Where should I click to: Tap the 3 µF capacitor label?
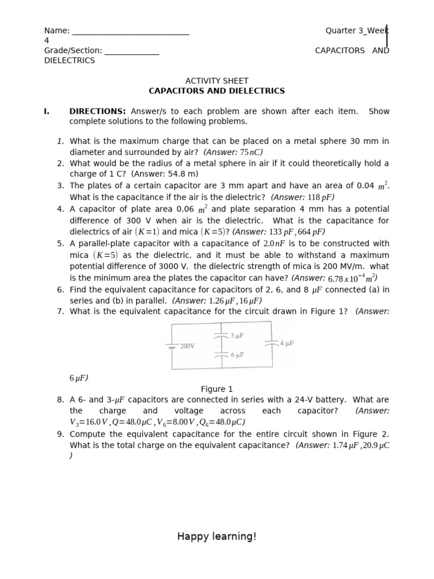click(237, 335)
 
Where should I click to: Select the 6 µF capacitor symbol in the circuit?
click(222, 355)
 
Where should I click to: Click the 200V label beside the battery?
click(187, 346)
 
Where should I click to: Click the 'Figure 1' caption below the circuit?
click(217, 389)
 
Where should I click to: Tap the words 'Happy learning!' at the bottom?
click(217, 536)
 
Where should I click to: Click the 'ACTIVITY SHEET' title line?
click(217, 81)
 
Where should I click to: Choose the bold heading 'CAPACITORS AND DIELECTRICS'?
click(217, 91)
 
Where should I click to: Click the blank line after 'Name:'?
click(131, 31)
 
